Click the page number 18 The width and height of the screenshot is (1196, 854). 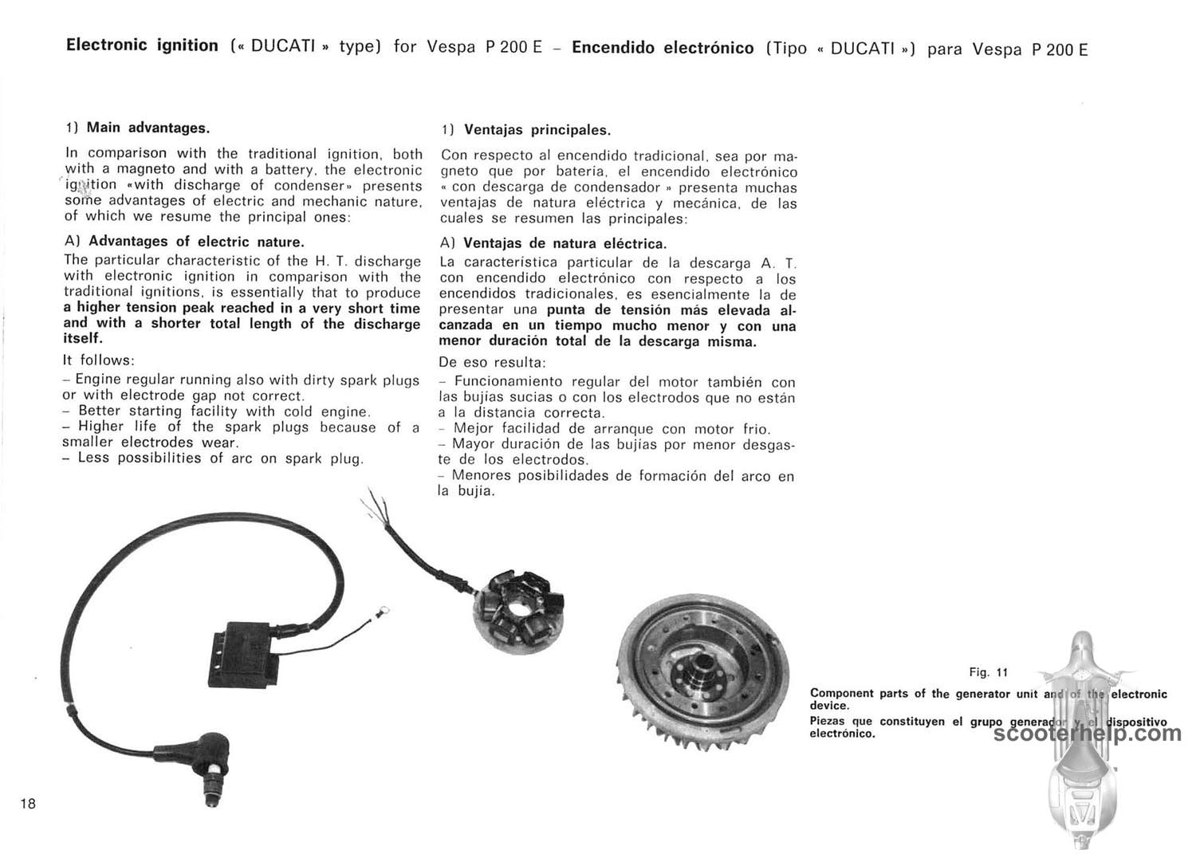[28, 804]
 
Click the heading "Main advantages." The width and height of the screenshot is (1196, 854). [148, 128]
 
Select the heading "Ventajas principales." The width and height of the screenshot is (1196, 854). [537, 130]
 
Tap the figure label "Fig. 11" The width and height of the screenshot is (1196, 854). [989, 673]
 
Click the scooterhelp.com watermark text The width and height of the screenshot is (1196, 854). [1088, 733]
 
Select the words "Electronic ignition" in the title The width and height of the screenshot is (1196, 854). [142, 45]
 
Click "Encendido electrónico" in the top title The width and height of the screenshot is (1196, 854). [663, 48]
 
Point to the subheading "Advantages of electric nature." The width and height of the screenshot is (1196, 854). [196, 242]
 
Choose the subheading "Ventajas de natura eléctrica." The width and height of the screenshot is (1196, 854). [565, 244]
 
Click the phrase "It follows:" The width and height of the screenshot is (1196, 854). [99, 360]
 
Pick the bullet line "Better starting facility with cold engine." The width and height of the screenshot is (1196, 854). [223, 411]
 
